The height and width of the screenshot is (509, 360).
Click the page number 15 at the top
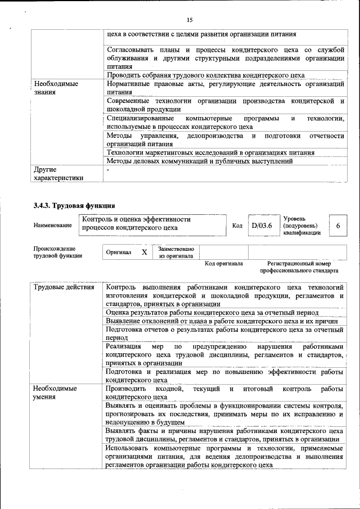click(189, 20)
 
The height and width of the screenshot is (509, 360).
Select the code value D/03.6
click(262, 225)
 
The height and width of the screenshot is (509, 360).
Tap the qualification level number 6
click(337, 225)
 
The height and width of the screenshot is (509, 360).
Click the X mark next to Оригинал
click(144, 253)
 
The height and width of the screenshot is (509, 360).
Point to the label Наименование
click(53, 226)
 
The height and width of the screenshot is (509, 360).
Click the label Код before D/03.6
click(237, 226)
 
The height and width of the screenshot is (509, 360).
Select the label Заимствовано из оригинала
click(176, 252)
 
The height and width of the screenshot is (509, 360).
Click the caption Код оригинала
click(223, 263)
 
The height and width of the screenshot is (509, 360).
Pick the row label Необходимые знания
click(55, 88)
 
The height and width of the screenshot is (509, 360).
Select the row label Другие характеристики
click(58, 173)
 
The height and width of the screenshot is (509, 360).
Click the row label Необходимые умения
click(55, 393)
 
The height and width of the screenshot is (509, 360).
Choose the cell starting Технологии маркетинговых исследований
click(210, 152)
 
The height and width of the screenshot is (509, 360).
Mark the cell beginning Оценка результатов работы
click(212, 312)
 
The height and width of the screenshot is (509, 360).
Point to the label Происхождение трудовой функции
click(58, 252)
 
